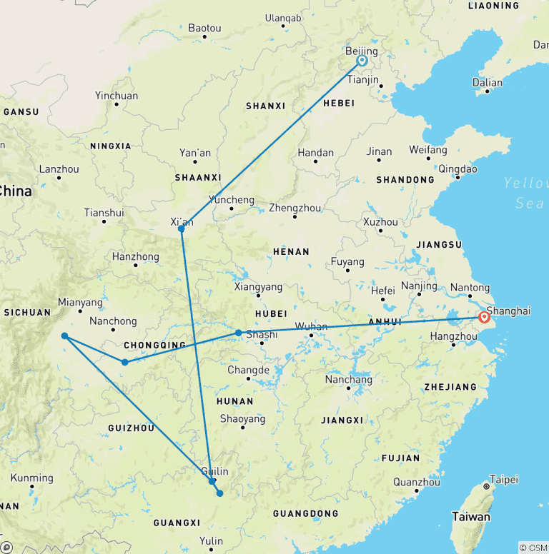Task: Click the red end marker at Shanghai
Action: coord(484,317)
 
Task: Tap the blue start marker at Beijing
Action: coord(362,61)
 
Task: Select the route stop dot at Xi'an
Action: coord(182,228)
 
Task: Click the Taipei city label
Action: coord(504,480)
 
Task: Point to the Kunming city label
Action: coord(32,478)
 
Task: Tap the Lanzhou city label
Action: coord(59,169)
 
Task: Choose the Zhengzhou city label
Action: coord(295,208)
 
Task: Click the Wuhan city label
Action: coord(311,327)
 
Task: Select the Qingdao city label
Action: coord(457,169)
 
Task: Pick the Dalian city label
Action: coord(488,82)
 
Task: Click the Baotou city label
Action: coord(204,29)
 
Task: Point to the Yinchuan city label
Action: coord(117,96)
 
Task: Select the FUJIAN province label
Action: coord(400,458)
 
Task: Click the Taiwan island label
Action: coord(471,516)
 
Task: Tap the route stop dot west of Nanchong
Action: coord(64,336)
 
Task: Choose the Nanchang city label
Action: coord(348,380)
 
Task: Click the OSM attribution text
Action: coord(533,548)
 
